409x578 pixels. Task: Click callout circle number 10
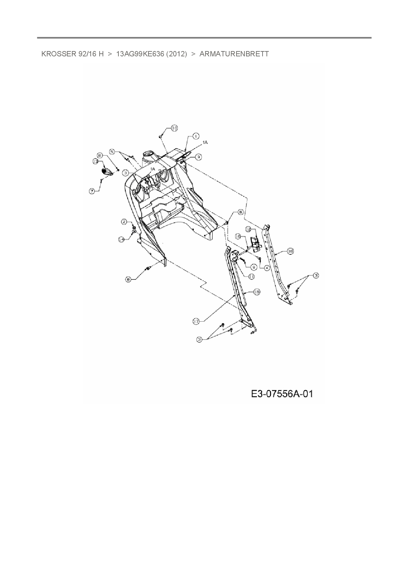[x=174, y=128]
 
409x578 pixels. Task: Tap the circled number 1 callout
[x=196, y=136]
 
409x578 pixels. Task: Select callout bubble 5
[x=112, y=152]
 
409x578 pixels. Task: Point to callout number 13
[x=95, y=161]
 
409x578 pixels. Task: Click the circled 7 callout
[x=92, y=191]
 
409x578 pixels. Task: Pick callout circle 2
[x=124, y=222]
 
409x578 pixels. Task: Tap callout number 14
[x=121, y=240]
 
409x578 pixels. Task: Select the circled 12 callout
[x=248, y=229]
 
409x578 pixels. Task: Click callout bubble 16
[x=238, y=236]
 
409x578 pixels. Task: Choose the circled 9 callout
[x=254, y=267]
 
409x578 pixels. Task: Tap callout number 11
[x=251, y=277]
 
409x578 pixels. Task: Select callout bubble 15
[x=257, y=292]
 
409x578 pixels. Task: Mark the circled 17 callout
[x=196, y=322]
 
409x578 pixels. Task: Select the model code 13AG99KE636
[x=140, y=54]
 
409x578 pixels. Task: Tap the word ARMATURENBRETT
[x=234, y=54]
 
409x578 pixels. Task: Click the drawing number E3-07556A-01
[x=282, y=394]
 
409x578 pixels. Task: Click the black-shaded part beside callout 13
[x=107, y=171]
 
